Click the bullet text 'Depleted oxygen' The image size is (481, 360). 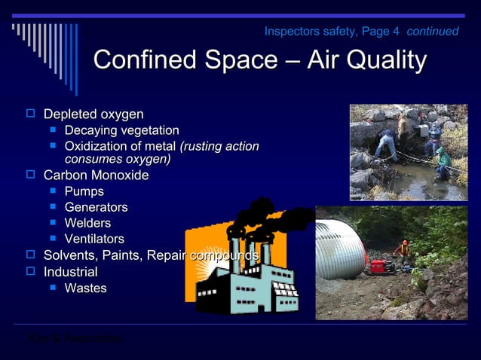click(x=93, y=114)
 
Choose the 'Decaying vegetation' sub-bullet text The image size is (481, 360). click(x=121, y=131)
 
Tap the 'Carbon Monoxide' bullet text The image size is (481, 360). click(x=96, y=175)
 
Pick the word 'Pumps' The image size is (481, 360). click(x=84, y=191)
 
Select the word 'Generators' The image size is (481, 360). click(x=96, y=207)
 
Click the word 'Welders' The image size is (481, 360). click(x=87, y=223)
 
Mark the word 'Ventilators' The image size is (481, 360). click(x=94, y=239)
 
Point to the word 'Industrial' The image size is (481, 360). click(x=70, y=272)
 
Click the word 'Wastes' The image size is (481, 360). click(x=85, y=288)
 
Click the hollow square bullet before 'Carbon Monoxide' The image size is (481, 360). click(x=31, y=175)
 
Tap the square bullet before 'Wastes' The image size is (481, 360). click(x=53, y=288)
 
